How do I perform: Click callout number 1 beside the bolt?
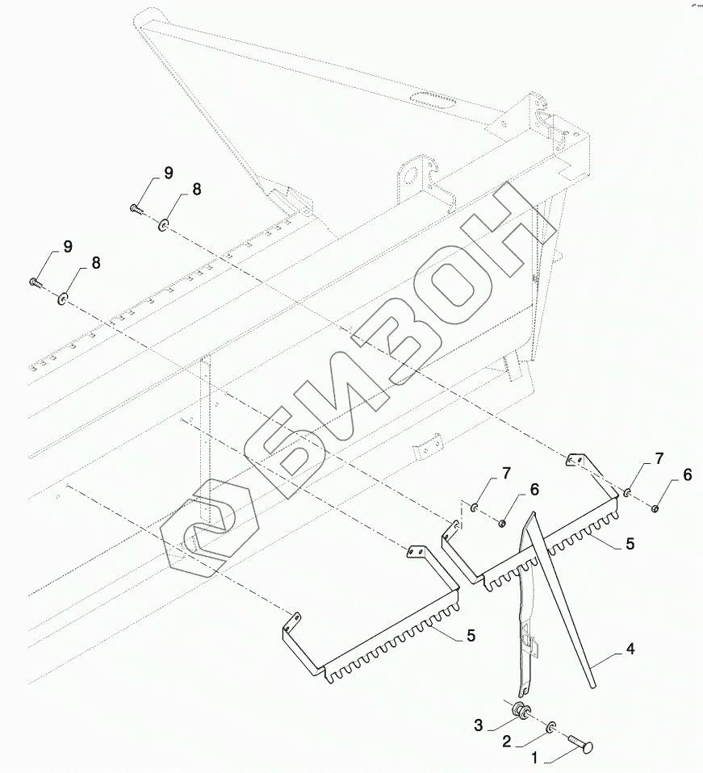click(534, 758)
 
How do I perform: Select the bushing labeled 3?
click(521, 712)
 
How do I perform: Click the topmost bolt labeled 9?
click(135, 208)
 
